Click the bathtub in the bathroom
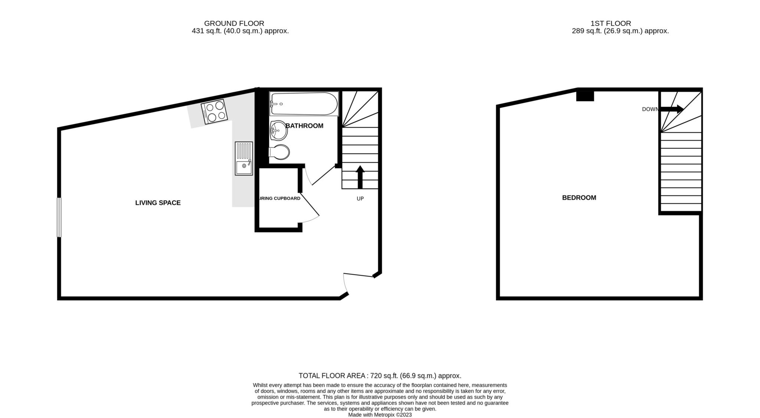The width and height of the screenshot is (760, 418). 304,104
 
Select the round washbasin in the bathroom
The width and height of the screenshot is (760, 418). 278,131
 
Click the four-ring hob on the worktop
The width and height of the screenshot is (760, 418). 214,112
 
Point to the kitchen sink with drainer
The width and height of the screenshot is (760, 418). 244,159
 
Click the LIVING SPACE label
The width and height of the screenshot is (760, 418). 158,203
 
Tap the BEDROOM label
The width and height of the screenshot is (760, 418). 579,198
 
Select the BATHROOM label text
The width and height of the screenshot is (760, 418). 305,126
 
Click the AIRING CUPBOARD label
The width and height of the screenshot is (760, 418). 279,198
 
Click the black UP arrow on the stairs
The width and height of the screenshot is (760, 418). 360,177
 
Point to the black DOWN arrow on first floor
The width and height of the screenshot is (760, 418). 672,109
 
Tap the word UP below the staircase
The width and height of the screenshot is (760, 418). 360,199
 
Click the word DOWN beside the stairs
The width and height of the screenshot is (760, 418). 650,109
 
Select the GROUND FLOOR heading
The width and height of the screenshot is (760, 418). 234,23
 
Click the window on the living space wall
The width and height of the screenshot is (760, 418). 59,217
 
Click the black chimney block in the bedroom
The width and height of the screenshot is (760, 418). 585,96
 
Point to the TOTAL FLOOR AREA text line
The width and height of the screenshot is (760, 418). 380,376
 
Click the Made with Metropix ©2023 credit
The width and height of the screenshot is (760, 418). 380,415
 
